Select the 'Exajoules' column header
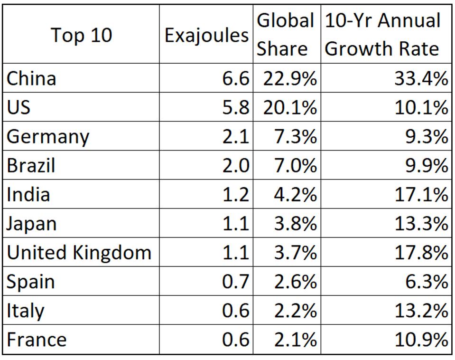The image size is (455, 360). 206,35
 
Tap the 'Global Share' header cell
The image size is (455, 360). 286,35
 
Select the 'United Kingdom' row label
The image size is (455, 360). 79,253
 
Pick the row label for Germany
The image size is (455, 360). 47,137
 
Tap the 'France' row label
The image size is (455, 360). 37,340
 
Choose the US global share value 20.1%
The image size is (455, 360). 289,107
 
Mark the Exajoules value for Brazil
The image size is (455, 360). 235,166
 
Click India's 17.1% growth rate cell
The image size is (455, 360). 420,195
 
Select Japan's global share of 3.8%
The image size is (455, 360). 295,224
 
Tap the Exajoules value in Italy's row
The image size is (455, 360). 235,311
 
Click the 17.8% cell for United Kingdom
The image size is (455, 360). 420,253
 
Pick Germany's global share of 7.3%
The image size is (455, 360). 295,137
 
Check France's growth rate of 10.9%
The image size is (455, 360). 420,340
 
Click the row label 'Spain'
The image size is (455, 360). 30,282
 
